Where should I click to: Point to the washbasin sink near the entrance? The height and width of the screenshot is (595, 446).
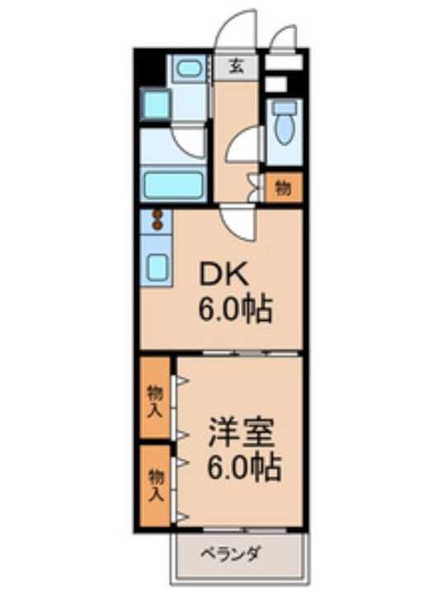190,68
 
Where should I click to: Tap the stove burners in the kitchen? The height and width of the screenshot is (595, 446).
157,220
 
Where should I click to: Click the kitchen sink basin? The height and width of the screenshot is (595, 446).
157,267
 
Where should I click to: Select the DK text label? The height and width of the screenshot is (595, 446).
220,274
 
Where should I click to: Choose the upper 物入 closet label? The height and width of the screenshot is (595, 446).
154,400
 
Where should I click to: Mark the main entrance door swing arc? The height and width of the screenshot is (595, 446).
234,29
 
